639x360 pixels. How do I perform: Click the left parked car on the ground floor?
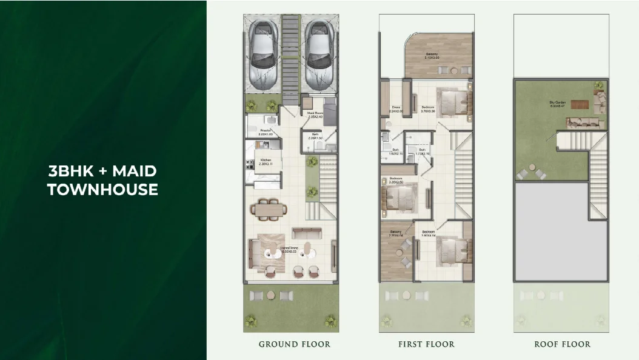(x=263, y=55)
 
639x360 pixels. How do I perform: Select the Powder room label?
(x=266, y=132)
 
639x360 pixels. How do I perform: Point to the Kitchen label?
(x=266, y=161)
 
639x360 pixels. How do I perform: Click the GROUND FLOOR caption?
(x=295, y=344)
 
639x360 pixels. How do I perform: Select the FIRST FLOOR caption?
(x=426, y=344)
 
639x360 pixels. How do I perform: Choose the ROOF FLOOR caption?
(x=562, y=344)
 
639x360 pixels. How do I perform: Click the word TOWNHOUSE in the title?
(x=103, y=190)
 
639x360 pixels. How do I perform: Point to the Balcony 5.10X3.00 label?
(x=432, y=56)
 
